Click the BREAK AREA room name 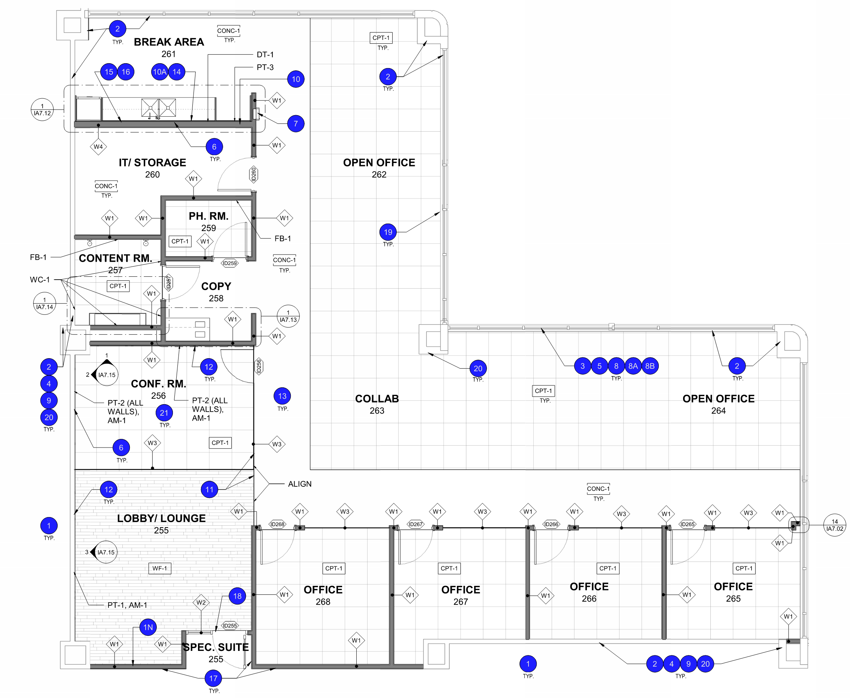[x=169, y=42]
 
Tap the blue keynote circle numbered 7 [x=295, y=123]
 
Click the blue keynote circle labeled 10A [x=159, y=72]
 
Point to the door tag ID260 [x=253, y=175]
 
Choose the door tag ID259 [x=230, y=263]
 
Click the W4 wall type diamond [x=98, y=147]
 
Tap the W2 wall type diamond [x=201, y=602]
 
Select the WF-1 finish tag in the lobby [x=160, y=568]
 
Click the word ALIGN [x=299, y=484]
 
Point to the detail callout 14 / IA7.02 [x=834, y=525]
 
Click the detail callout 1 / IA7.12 [x=42, y=110]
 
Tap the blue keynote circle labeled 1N [x=148, y=627]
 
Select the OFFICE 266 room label [x=589, y=592]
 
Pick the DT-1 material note [x=265, y=55]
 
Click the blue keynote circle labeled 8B [x=650, y=366]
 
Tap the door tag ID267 [x=415, y=524]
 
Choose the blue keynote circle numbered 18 [x=237, y=596]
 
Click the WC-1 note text [x=39, y=279]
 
